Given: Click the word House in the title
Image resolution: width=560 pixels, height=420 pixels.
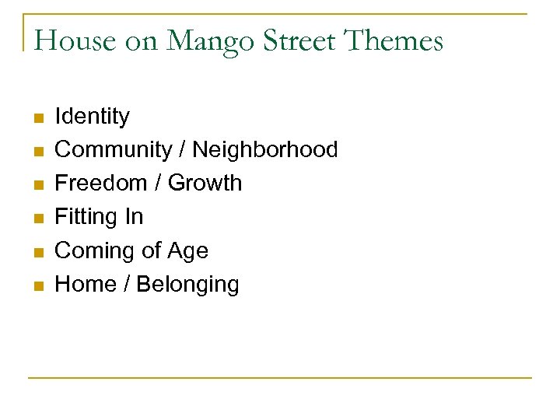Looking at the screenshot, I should pyautogui.click(x=75, y=40).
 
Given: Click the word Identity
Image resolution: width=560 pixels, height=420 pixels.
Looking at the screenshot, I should pyautogui.click(x=92, y=117).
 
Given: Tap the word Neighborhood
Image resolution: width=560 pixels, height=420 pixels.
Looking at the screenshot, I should pyautogui.click(x=264, y=149).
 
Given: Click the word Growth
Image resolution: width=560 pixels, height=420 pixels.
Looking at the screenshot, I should pyautogui.click(x=205, y=183).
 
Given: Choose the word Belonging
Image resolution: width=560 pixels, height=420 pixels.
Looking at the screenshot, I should pyautogui.click(x=187, y=284).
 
